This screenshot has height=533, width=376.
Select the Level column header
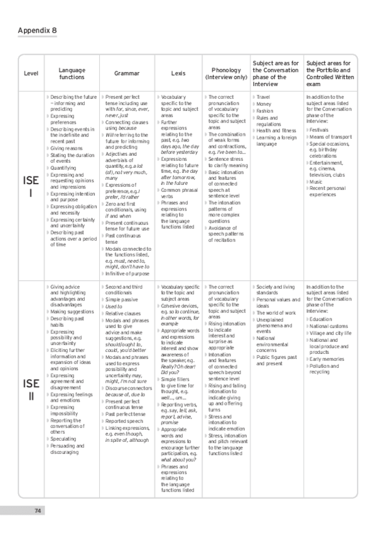point(31,73)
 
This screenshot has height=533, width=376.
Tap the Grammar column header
point(127,73)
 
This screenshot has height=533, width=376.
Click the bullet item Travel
point(263,97)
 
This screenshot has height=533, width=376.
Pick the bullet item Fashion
point(264,111)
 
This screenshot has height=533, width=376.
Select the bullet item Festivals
point(320,129)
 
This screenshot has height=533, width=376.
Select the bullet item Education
point(320,319)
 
